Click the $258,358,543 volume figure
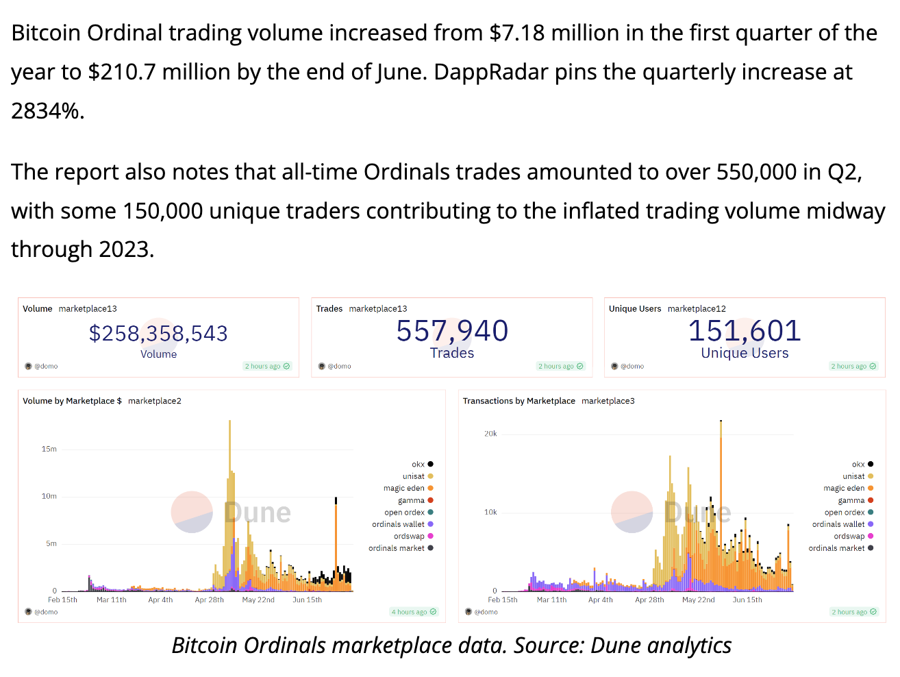click(x=158, y=333)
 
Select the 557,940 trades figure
click(x=452, y=331)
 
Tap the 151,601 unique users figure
click(x=745, y=331)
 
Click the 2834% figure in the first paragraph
click(x=46, y=110)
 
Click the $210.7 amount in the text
click(x=121, y=72)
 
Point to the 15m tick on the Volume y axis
click(x=49, y=450)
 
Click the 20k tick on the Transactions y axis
click(x=490, y=434)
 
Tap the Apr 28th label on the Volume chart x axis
click(x=210, y=600)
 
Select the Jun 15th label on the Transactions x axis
click(x=747, y=600)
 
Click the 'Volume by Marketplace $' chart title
click(x=72, y=401)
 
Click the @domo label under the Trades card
click(x=338, y=367)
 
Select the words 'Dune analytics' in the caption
click(x=661, y=645)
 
